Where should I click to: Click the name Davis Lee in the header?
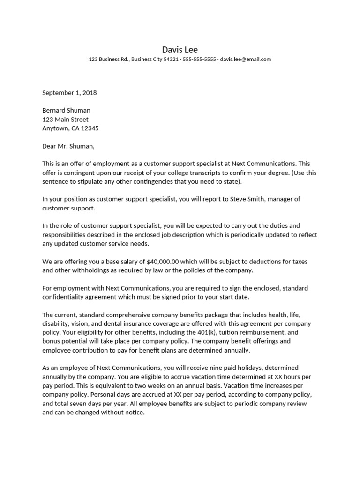click(x=180, y=49)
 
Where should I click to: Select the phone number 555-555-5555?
click(x=199, y=60)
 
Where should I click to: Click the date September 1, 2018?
click(x=69, y=93)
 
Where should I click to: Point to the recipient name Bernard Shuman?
click(x=66, y=111)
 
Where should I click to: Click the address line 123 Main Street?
click(x=65, y=120)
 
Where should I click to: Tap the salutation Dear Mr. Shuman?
click(x=68, y=146)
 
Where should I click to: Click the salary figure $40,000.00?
click(x=165, y=261)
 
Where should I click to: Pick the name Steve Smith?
click(x=247, y=199)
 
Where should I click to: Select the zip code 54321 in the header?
click(x=170, y=60)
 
